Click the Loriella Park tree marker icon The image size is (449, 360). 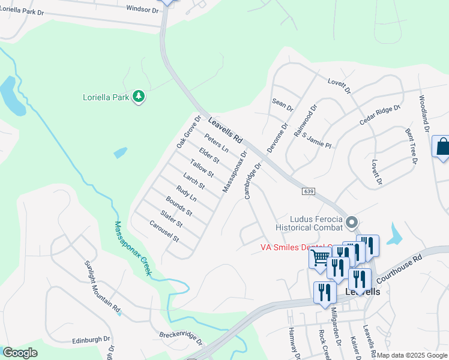pos(139,96)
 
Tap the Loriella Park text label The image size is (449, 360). pos(106,97)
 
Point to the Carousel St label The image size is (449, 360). pos(164,230)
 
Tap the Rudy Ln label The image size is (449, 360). pos(187,196)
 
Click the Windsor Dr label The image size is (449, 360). pos(142,10)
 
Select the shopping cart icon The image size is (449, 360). pos(321,258)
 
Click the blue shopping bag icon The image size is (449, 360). pos(442,146)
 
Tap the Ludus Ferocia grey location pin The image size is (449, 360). pos(352,222)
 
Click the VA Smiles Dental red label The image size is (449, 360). pos(297,247)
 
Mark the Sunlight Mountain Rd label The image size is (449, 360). pos(103,288)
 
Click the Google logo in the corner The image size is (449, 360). pos(19,353)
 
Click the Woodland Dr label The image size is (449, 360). pos(424,113)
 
